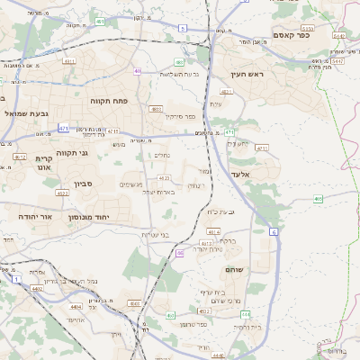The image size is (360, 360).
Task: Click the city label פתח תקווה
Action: (108, 101)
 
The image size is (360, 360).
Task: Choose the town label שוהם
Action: (238, 269)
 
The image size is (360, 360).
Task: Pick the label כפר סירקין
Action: (180, 117)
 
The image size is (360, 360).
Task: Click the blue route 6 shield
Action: (274, 231)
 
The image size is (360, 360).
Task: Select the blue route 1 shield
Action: (16, 281)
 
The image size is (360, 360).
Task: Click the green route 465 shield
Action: (318, 198)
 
